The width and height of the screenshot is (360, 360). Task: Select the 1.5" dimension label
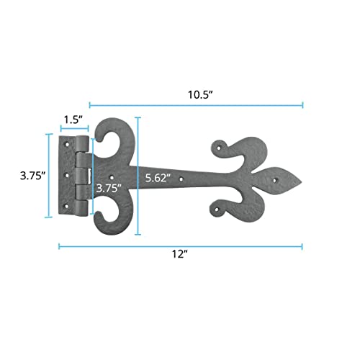tap(72, 118)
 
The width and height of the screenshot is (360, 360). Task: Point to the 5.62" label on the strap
tap(156, 178)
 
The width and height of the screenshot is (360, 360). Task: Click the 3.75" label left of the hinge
tap(33, 175)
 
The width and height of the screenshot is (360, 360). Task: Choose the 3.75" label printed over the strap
tap(107, 189)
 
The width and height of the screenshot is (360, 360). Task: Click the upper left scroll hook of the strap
tap(108, 133)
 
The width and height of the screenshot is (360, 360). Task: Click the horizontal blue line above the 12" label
tap(180, 246)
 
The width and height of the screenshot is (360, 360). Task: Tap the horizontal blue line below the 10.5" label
tap(196, 105)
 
